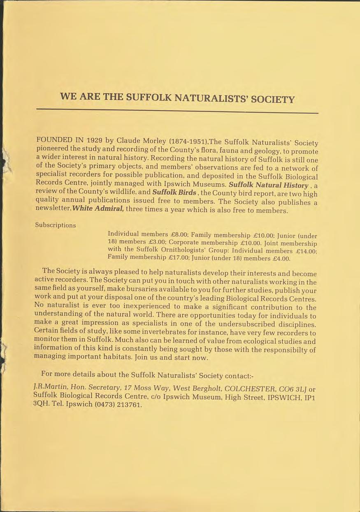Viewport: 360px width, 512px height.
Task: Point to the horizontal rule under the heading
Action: click(177, 111)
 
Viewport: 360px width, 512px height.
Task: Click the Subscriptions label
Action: click(55, 225)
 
